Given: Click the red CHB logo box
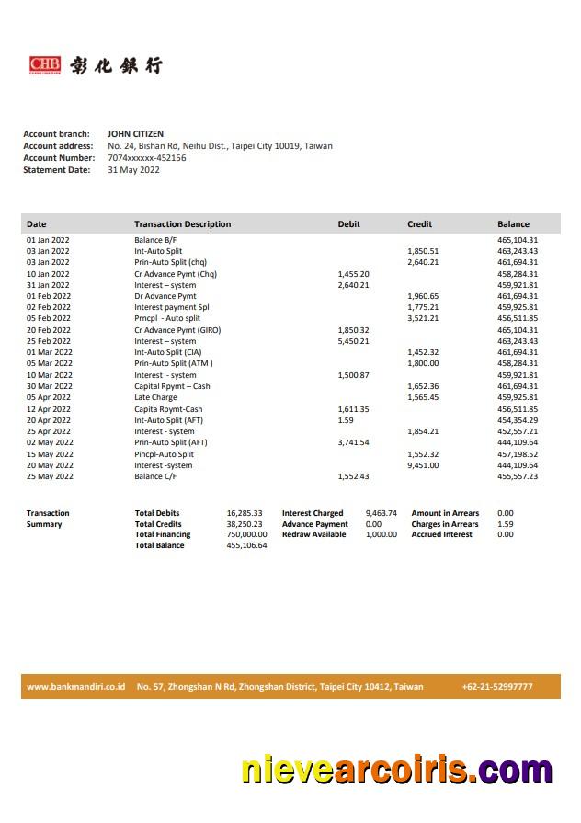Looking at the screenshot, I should point(45,64).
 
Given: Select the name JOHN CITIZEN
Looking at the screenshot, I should point(135,134).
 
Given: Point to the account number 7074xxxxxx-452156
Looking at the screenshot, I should point(146,158).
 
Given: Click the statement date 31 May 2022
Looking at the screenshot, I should point(133,170).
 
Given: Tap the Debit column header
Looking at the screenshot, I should point(348,224).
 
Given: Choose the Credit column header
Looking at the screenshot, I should point(419,224).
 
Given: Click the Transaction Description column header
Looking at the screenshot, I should point(182,224).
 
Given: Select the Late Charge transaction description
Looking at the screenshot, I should point(155,397).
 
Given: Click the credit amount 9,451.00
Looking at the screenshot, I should point(423,465).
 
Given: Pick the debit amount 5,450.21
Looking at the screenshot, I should point(353,341).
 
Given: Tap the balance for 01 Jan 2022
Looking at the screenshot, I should point(518,240).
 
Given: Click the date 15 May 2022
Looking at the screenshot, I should point(50,454).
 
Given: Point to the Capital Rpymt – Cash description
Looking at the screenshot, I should point(172,386).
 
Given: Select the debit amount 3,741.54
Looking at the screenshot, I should point(353,442).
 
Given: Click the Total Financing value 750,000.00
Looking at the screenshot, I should point(246,534).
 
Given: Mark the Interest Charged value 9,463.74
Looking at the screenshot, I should point(381,513).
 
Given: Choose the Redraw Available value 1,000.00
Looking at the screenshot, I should point(381,534).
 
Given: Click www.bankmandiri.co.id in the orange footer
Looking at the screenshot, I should point(75,687).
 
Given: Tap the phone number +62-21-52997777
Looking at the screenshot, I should point(497,687).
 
